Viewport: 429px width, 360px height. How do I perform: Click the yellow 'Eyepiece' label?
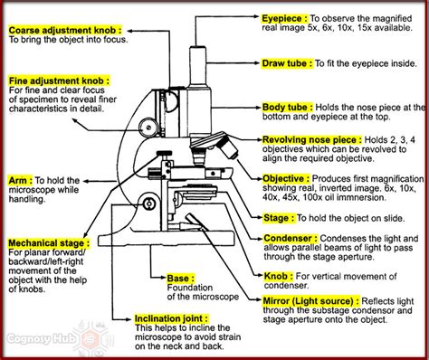(x=283, y=16)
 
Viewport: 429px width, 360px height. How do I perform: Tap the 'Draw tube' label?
(x=286, y=63)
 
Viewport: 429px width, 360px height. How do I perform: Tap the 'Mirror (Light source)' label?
(x=309, y=297)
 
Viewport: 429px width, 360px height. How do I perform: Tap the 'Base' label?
(x=179, y=279)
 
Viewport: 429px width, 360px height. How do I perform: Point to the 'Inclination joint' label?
(x=171, y=319)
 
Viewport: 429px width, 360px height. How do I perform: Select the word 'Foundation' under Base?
(x=189, y=289)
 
